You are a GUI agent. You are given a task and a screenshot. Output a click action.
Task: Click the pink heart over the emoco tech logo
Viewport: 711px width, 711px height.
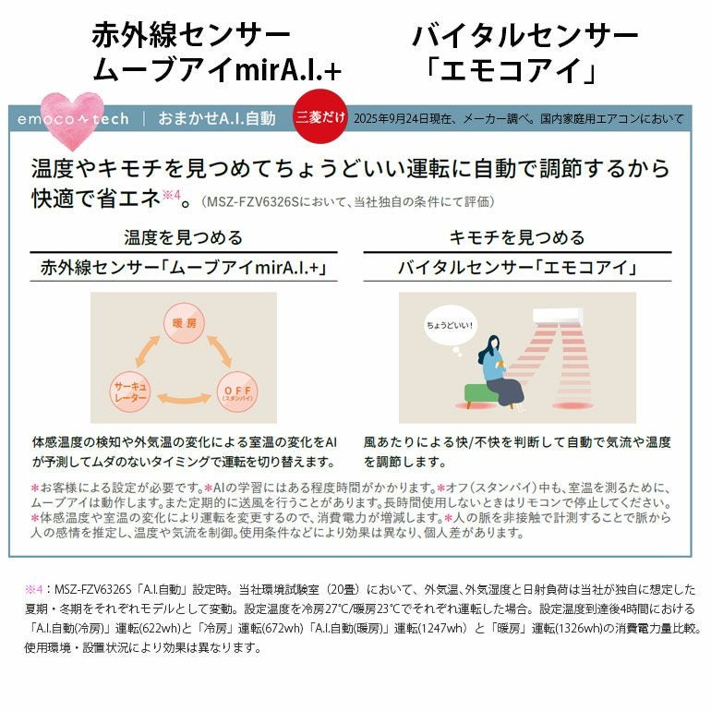click(72, 120)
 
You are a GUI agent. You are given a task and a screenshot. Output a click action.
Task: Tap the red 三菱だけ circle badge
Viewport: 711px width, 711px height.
click(320, 116)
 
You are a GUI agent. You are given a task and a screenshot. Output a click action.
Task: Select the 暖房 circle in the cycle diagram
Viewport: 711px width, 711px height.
click(184, 323)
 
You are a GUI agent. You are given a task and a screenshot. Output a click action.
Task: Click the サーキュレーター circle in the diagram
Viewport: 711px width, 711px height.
click(130, 392)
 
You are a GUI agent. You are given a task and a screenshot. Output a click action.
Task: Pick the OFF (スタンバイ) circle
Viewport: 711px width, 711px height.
click(237, 392)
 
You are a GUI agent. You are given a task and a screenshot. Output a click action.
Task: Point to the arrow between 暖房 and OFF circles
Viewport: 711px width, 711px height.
click(219, 352)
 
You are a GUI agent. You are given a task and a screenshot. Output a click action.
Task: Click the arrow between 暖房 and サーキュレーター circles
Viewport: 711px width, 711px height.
click(148, 352)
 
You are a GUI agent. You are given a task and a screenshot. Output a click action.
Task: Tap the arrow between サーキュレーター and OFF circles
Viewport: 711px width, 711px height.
click(184, 398)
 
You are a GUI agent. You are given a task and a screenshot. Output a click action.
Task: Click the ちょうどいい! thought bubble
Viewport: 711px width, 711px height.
click(450, 325)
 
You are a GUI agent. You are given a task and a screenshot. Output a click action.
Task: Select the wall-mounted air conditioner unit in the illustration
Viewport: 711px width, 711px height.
click(558, 316)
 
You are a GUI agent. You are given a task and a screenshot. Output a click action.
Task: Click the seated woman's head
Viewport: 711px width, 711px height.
click(492, 343)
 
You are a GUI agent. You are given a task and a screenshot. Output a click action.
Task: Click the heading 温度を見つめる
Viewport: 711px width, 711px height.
click(184, 237)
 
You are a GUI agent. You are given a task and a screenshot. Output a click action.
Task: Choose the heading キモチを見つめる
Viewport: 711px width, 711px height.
click(517, 237)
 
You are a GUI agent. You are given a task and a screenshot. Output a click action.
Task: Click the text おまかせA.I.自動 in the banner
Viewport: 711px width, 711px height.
click(217, 118)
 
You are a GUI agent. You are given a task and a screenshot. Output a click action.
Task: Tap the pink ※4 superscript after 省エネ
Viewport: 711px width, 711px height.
click(172, 195)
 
